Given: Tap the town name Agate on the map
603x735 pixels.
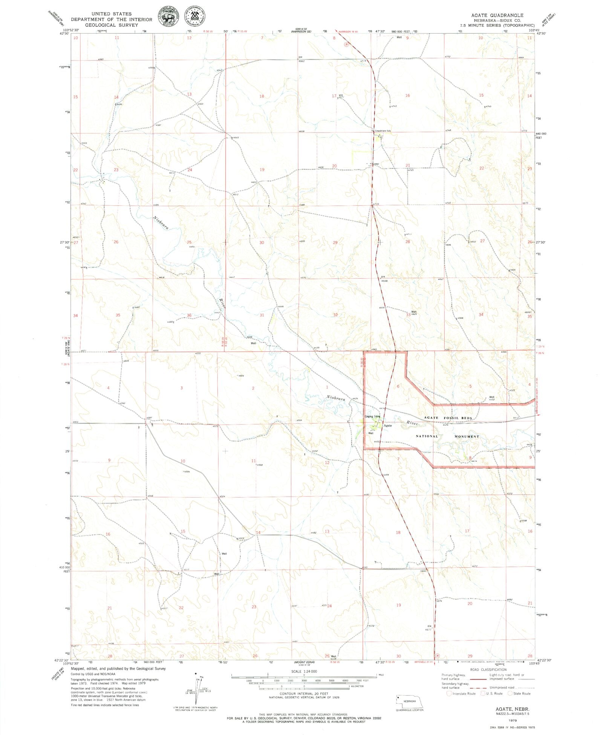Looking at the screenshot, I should click(388, 426).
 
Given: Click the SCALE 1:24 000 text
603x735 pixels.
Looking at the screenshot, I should click(304, 671).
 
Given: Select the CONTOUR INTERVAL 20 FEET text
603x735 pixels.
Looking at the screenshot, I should click(304, 694).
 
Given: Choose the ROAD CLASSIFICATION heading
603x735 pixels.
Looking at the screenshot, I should click(488, 670).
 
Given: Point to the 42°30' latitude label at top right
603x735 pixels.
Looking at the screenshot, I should click(541, 34).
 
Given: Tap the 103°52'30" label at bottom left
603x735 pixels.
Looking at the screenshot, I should click(71, 663).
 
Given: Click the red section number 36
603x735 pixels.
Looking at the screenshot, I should click(189, 315).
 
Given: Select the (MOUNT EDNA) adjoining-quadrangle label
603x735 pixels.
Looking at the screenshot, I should click(304, 662).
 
